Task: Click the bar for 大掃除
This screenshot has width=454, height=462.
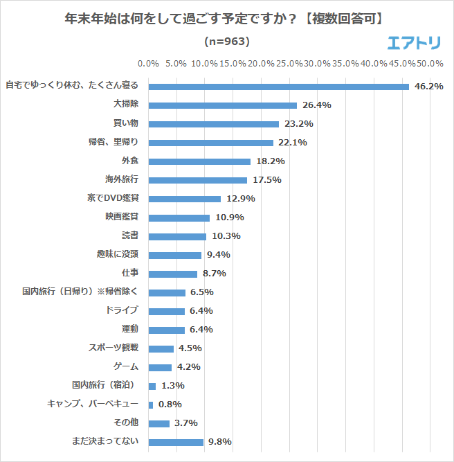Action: click(x=222, y=105)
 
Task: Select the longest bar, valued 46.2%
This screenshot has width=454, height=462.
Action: click(x=278, y=87)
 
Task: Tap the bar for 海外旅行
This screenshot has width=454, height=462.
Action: click(x=197, y=180)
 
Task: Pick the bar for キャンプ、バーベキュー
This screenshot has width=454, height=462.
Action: click(x=151, y=405)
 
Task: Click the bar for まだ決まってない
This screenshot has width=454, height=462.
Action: click(x=176, y=442)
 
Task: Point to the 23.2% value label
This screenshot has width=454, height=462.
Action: click(x=299, y=124)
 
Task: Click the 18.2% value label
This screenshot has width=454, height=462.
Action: click(x=271, y=161)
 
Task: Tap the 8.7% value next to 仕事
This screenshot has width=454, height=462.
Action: click(x=217, y=274)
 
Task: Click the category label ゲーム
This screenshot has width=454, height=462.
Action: click(x=125, y=366)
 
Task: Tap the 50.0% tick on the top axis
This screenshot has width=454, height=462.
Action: click(x=430, y=64)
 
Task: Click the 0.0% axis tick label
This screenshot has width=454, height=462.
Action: click(x=149, y=64)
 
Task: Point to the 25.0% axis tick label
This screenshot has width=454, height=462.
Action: click(x=289, y=64)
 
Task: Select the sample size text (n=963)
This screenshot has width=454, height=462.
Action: click(x=227, y=42)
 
